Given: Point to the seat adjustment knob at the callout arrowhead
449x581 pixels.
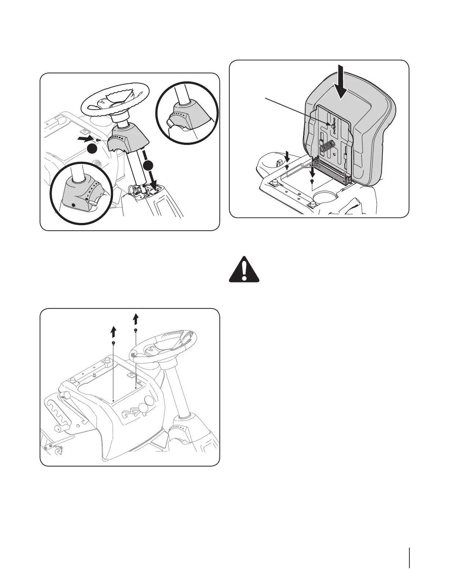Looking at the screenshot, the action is tap(333, 125).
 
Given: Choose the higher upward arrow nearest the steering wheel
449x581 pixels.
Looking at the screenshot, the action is tap(136, 319).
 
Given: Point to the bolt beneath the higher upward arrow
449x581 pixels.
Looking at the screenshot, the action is tap(136, 330).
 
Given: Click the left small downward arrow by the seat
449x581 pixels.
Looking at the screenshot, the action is tap(287, 158).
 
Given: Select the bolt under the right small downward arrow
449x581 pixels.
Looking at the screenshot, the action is tap(311, 181).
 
